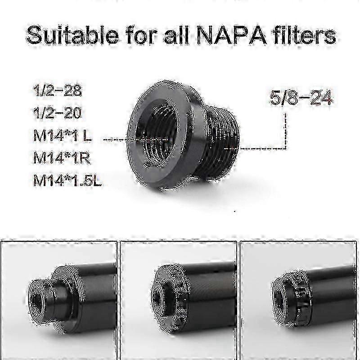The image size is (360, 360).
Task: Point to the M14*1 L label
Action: (63, 135)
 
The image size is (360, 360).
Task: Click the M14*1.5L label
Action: (67, 180)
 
